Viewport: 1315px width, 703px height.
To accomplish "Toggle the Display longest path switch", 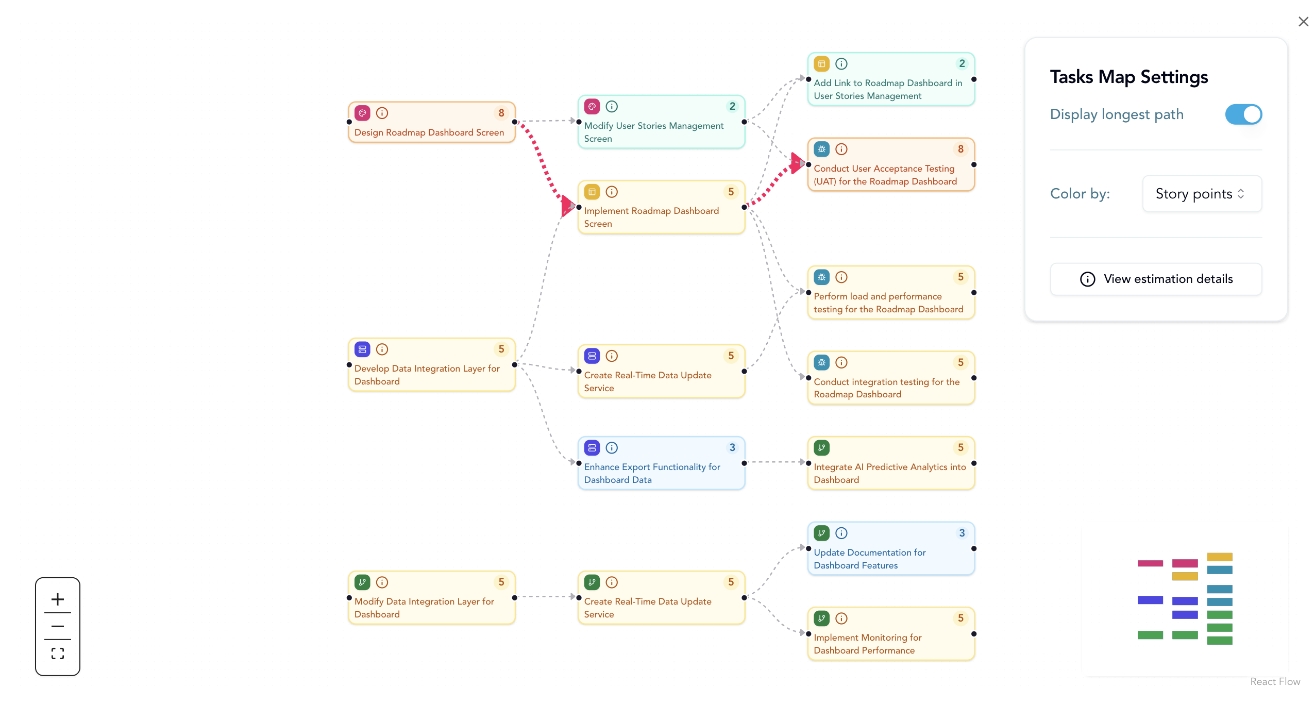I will pyautogui.click(x=1243, y=114).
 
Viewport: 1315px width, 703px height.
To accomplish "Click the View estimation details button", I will pyautogui.click(x=1156, y=279).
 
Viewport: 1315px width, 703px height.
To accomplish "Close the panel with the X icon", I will pyautogui.click(x=1303, y=22).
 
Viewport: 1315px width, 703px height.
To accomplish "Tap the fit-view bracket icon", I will pyautogui.click(x=58, y=654).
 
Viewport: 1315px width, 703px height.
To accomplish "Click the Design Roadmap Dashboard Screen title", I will pyautogui.click(x=429, y=132).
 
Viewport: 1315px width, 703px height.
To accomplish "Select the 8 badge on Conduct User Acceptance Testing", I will pyautogui.click(x=960, y=149).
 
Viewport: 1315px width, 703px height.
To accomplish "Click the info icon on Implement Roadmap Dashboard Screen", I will pyautogui.click(x=612, y=192).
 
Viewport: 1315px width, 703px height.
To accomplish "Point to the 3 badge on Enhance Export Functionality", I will pyautogui.click(x=732, y=447).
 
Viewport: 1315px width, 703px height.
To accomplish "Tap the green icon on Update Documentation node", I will pyautogui.click(x=821, y=533).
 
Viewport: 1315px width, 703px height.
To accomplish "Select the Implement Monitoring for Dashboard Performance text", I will pyautogui.click(x=867, y=644).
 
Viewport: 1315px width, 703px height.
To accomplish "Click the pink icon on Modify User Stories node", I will pyautogui.click(x=592, y=107).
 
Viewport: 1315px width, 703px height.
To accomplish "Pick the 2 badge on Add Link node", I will pyautogui.click(x=962, y=64).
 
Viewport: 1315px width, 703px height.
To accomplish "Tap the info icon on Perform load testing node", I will pyautogui.click(x=841, y=277).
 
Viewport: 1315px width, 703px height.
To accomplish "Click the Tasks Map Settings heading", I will pyautogui.click(x=1128, y=77).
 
